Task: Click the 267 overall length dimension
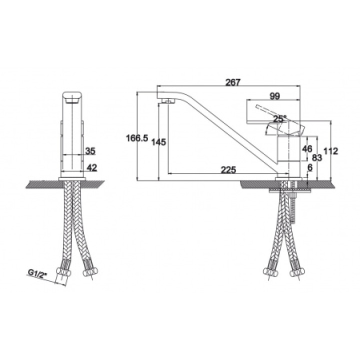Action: click(232, 82)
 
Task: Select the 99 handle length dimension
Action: click(274, 96)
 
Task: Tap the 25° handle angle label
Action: click(280, 118)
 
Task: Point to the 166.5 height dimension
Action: click(137, 138)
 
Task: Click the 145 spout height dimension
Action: click(158, 142)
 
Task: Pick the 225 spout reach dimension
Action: click(228, 169)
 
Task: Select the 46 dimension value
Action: click(307, 149)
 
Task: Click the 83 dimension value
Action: click(317, 157)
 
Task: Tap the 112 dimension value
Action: click(331, 151)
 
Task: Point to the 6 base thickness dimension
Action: click(310, 168)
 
